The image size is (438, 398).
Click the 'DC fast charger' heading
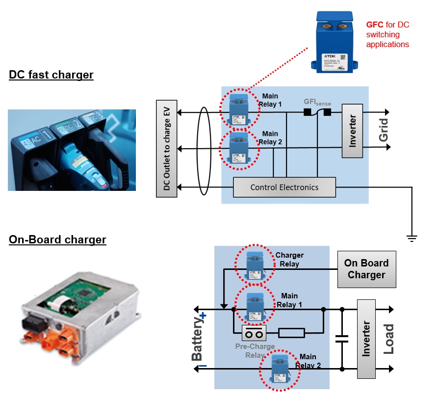[x=51, y=75]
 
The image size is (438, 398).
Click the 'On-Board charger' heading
[x=57, y=240]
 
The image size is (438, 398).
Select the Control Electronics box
[x=284, y=187]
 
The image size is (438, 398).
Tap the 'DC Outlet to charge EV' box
[x=166, y=149]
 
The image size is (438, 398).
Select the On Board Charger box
[x=366, y=269]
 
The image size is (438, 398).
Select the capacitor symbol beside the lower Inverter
[x=342, y=338]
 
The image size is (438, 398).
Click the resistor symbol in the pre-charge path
[x=291, y=334]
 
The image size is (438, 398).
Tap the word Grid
[x=384, y=130]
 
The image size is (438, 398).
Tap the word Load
[x=388, y=339]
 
